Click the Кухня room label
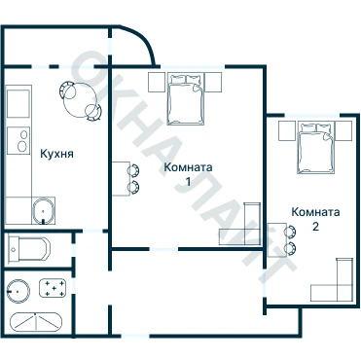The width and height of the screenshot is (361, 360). (x=56, y=154)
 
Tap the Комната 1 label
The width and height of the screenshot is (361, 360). (x=188, y=174)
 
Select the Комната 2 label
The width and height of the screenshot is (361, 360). (x=315, y=219)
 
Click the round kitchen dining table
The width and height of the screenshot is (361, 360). (x=80, y=100)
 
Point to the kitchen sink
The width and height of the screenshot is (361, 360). (x=44, y=210)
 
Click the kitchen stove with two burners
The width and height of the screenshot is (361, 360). (x=18, y=141)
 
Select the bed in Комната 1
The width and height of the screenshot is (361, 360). (x=186, y=99)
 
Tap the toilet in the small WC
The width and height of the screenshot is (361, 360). (x=29, y=249)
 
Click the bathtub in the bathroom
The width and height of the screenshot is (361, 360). (x=36, y=322)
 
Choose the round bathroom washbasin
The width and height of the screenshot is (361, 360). (x=18, y=292)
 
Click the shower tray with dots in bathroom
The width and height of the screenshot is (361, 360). (x=53, y=288)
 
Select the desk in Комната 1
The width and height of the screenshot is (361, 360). (x=121, y=179)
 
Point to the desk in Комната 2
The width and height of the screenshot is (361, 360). (x=277, y=240)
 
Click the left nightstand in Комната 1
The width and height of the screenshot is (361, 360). (x=157, y=82)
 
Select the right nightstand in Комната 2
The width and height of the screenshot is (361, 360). (x=343, y=130)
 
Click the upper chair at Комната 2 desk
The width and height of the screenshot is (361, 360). (x=291, y=232)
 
